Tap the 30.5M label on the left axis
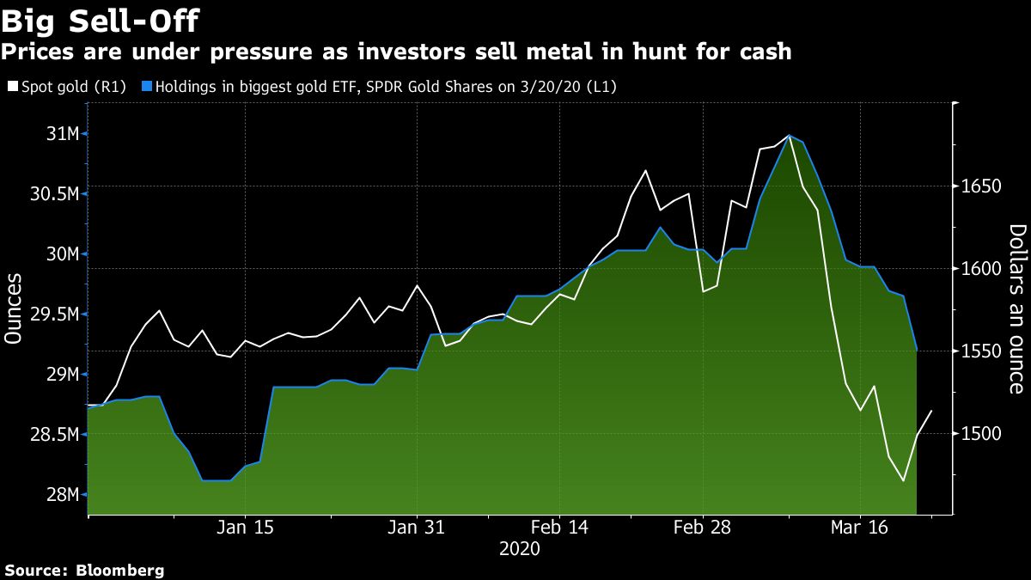click(53, 194)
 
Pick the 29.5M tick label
click(53, 314)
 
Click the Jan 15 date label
click(245, 527)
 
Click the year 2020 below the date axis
click(519, 548)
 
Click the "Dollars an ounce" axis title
click(1016, 308)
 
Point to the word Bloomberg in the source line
click(120, 570)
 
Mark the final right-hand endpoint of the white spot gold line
click(932, 411)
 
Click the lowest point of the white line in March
click(904, 481)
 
